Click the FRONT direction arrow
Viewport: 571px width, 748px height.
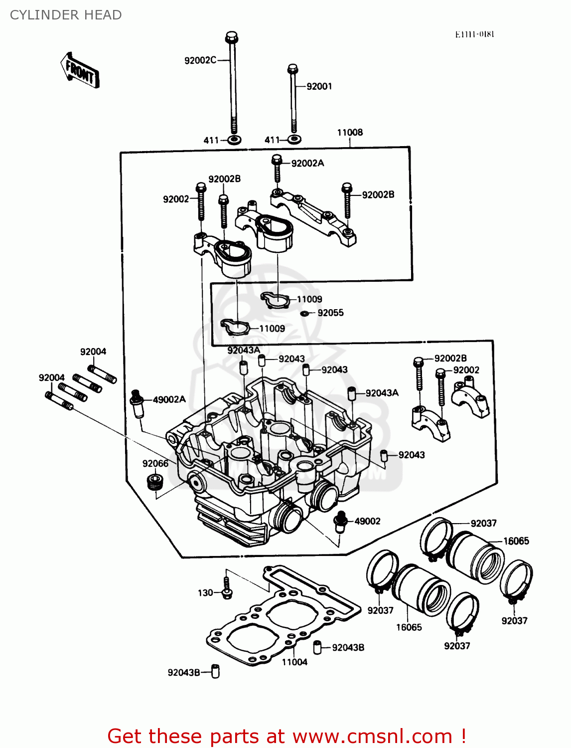click(x=80, y=70)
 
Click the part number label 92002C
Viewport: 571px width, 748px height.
click(x=200, y=60)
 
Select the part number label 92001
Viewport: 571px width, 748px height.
click(x=319, y=86)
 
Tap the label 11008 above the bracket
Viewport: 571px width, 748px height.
click(x=350, y=132)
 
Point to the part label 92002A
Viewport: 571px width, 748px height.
click(x=307, y=163)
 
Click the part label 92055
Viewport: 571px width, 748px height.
click(x=330, y=313)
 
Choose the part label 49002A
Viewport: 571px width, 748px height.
click(x=169, y=399)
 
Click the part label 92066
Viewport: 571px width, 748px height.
click(x=155, y=463)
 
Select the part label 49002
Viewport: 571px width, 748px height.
click(x=367, y=521)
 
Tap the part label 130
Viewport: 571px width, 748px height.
click(x=205, y=593)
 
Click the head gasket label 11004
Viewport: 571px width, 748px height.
click(x=294, y=662)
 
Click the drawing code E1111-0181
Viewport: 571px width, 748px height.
click(x=474, y=34)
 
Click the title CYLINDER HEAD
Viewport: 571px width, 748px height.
click(x=66, y=15)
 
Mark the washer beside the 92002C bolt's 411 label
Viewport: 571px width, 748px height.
click(x=234, y=140)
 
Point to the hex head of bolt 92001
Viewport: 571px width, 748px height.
click(x=293, y=68)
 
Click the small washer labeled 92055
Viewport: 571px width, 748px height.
click(x=305, y=314)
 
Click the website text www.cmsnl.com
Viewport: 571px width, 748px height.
click(x=372, y=736)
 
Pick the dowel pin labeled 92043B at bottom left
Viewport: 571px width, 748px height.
click(x=215, y=671)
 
